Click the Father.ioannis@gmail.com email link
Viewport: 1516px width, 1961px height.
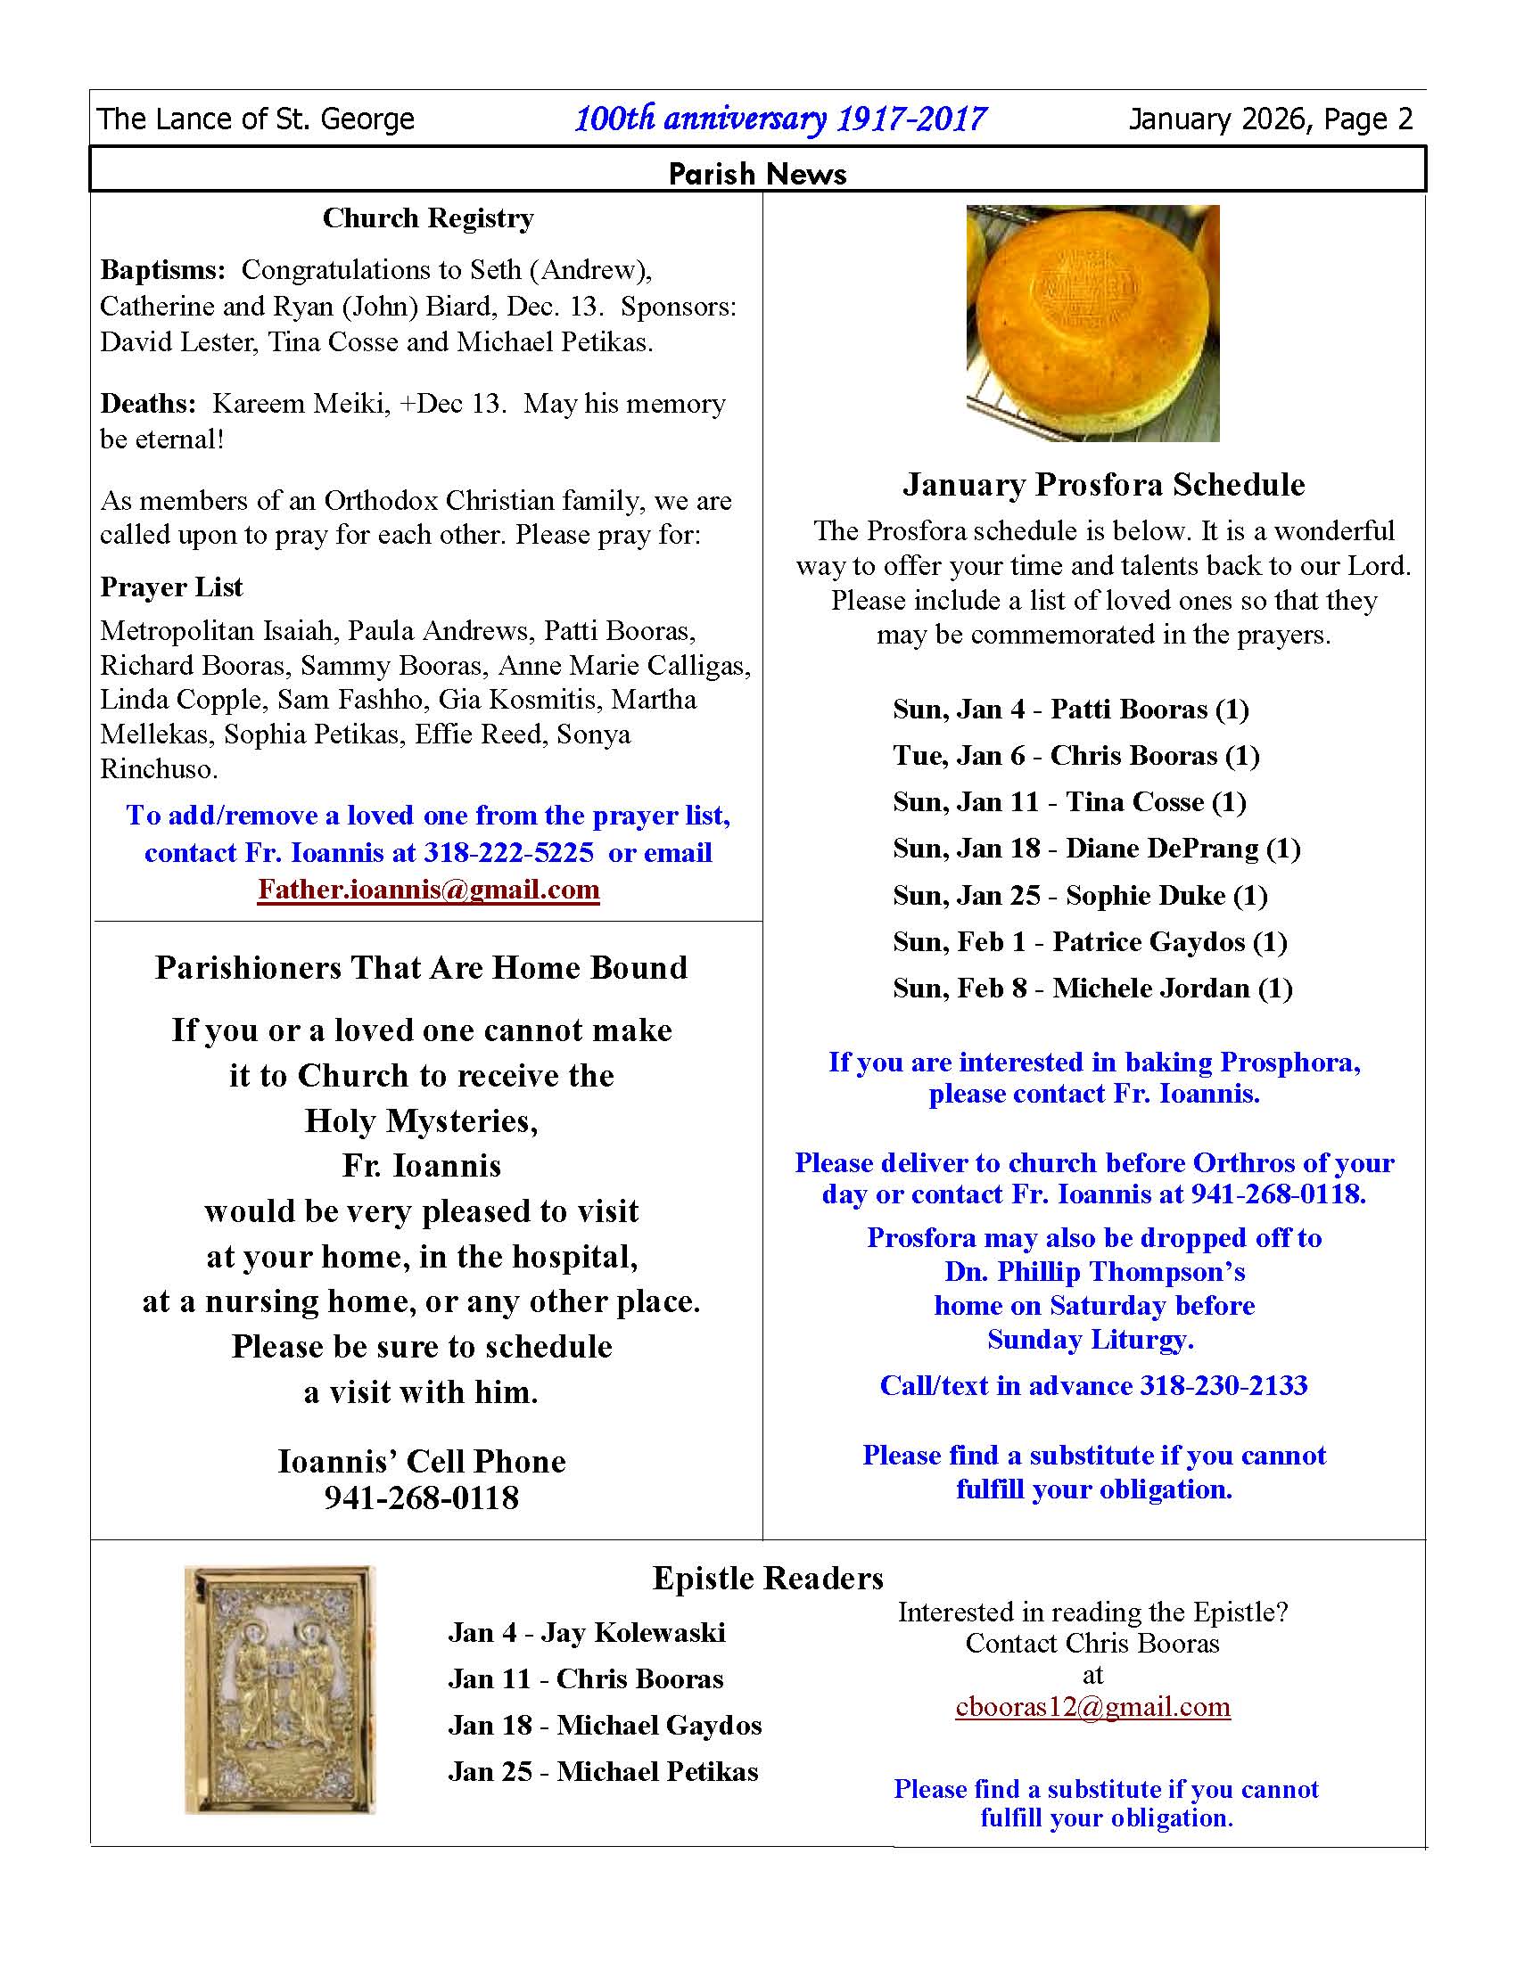pos(428,890)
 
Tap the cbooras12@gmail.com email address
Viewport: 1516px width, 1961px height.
pos(1092,1706)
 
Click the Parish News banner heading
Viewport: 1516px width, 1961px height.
pos(757,173)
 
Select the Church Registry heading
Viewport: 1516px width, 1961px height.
pos(428,218)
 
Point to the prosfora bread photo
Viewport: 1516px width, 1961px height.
pos(1092,324)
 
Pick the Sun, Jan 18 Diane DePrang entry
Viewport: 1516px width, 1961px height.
pos(1097,849)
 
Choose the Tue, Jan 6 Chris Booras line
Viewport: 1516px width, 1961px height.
pos(1076,755)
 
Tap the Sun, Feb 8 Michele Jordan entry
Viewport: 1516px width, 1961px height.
pos(1092,989)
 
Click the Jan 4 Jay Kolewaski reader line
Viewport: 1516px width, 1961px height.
pos(587,1631)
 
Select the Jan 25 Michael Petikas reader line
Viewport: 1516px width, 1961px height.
pos(604,1771)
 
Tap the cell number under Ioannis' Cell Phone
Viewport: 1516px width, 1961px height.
pos(421,1497)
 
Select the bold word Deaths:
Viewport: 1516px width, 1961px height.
pos(147,403)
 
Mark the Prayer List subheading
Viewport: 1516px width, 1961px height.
pos(171,587)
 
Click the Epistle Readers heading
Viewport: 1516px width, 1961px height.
pos(768,1578)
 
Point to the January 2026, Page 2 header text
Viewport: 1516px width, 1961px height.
pos(1270,119)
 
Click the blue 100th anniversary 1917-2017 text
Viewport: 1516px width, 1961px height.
pos(779,119)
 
